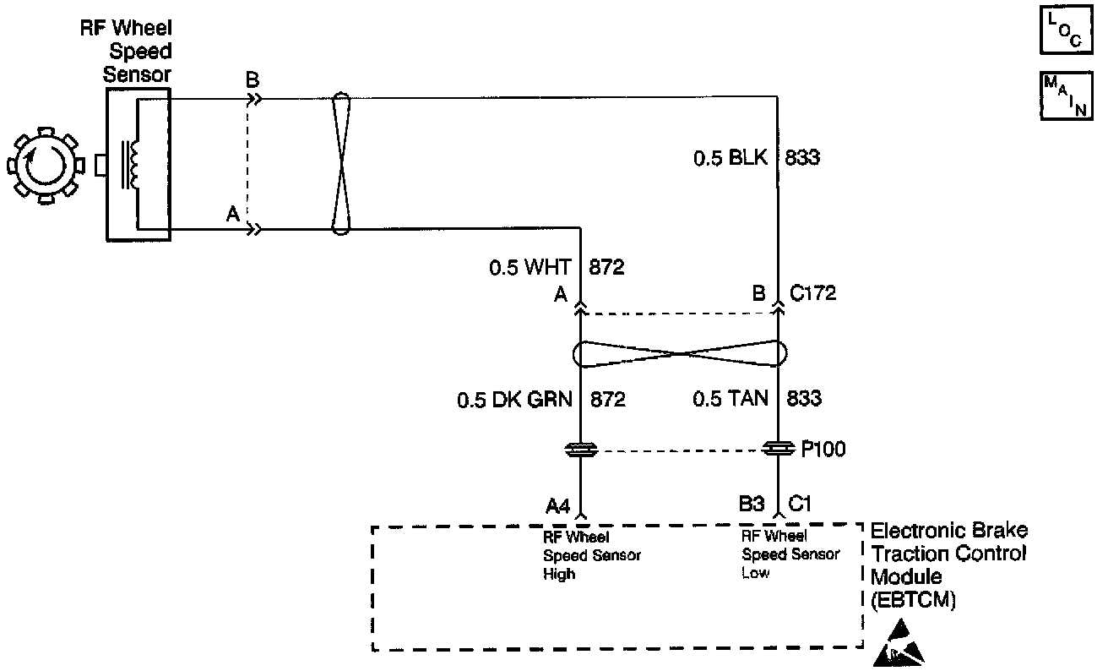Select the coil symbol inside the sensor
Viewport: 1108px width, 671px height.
click(131, 164)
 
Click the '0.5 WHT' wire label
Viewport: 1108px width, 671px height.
click(530, 269)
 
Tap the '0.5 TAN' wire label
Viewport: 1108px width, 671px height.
click(731, 399)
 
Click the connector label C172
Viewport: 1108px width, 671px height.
click(812, 294)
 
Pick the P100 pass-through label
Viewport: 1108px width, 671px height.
click(823, 450)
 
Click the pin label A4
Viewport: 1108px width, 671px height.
click(559, 505)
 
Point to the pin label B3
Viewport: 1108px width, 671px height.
click(751, 505)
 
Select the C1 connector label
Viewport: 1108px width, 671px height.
click(800, 505)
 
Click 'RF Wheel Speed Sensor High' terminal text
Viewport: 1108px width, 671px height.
click(591, 555)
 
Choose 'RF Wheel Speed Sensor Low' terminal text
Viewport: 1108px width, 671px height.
click(790, 554)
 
